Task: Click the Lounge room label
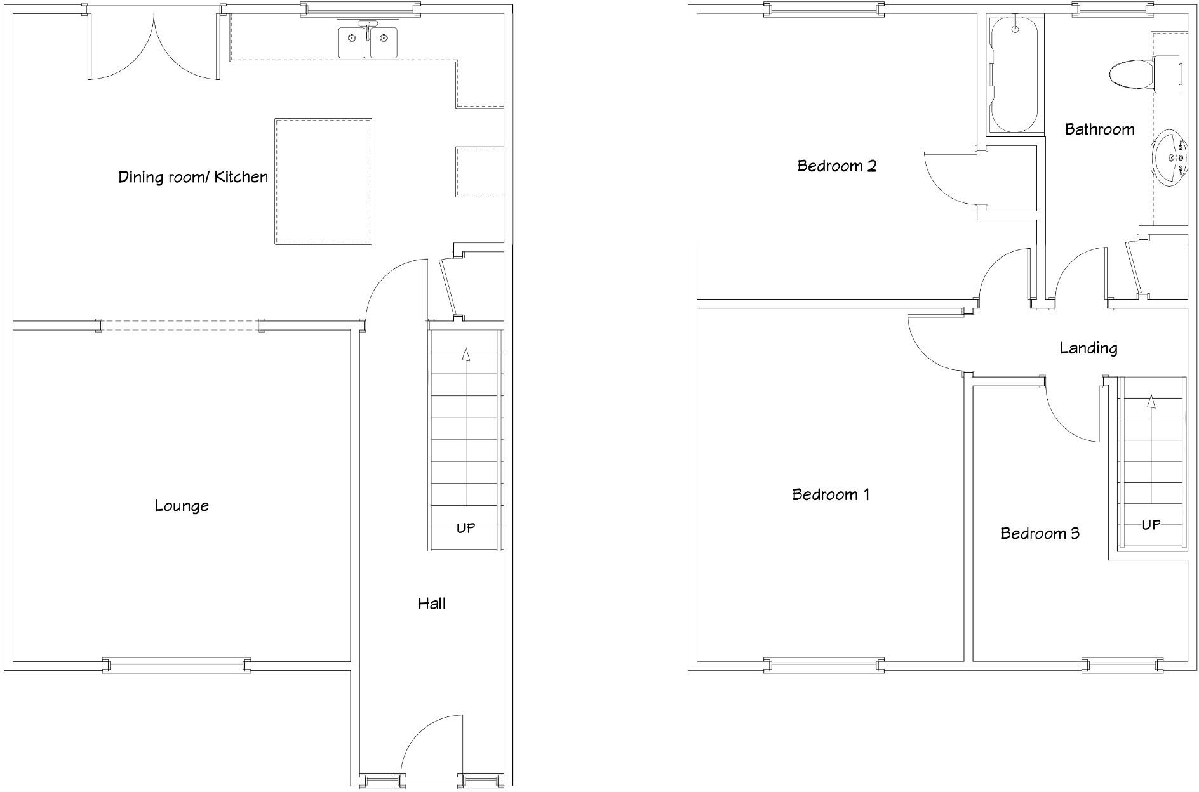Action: (182, 506)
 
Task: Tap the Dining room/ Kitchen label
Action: (193, 177)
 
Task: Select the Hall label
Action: (432, 604)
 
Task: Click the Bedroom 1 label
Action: (831, 494)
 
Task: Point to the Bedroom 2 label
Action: (836, 166)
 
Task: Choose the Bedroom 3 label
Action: (1040, 533)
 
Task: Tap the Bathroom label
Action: (1099, 129)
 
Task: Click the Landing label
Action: (1088, 348)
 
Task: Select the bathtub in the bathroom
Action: (1015, 74)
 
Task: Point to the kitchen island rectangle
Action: (323, 181)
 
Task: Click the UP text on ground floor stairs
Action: (466, 528)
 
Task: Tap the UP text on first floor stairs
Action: (1151, 525)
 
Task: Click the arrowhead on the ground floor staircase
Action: (466, 354)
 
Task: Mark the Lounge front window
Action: (177, 666)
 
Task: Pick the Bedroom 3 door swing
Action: (1073, 412)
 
